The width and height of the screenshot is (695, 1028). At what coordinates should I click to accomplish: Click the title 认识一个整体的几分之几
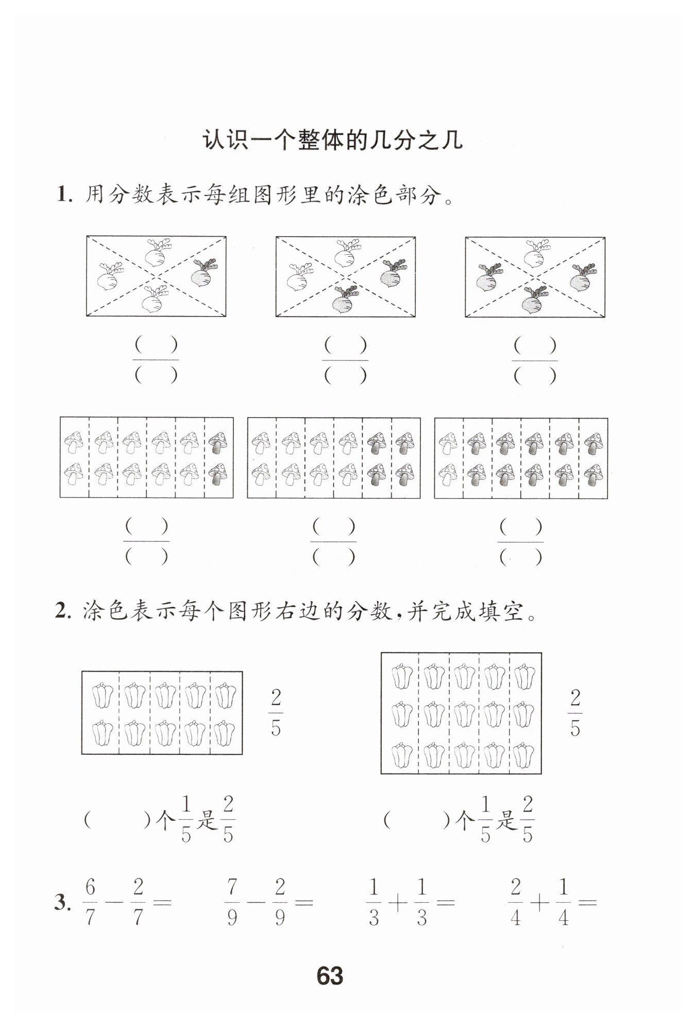coord(332,140)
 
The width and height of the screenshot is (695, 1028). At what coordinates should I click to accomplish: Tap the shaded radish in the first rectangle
coord(203,273)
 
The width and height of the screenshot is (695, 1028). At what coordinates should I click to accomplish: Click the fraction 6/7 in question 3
coord(91,902)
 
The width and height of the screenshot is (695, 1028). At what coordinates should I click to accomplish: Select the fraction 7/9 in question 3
coord(232,903)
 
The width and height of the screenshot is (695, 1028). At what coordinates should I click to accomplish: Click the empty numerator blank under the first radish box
coord(156,345)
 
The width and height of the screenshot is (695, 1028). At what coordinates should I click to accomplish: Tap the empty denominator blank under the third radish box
coord(535,376)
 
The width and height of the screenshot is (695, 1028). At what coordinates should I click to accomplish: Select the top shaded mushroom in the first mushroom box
coord(218,442)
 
